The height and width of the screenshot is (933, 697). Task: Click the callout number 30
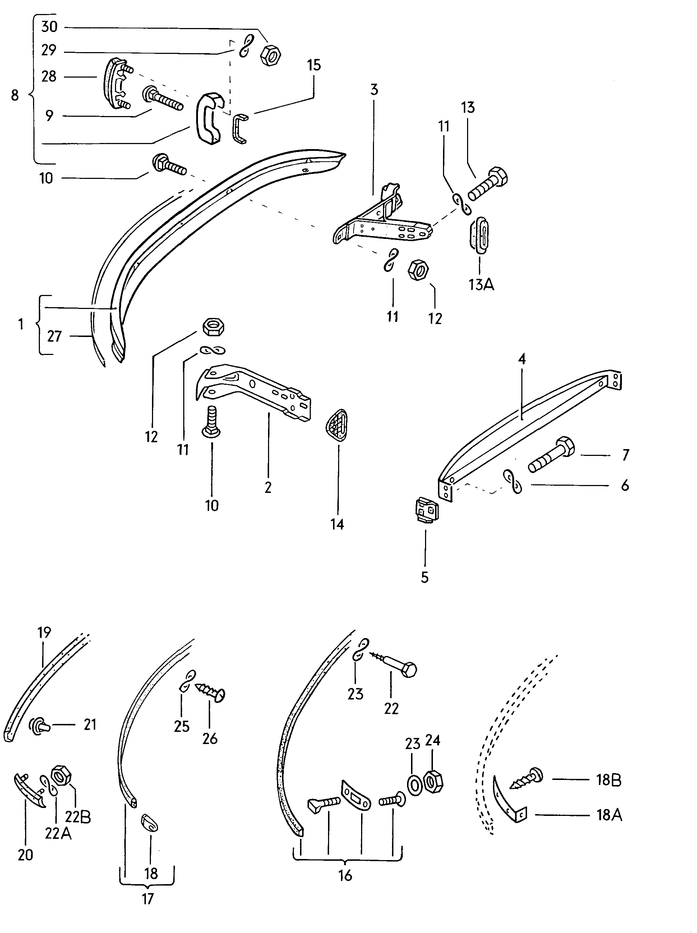(x=49, y=27)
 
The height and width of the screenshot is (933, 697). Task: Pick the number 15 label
(x=314, y=65)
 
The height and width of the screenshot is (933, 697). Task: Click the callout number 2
(x=268, y=488)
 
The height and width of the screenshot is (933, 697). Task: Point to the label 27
(x=54, y=336)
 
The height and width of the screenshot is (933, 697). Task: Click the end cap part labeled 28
(x=116, y=83)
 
